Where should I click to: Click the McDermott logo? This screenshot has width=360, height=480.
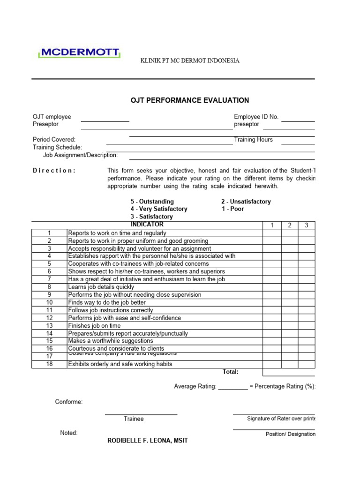[x=79, y=53]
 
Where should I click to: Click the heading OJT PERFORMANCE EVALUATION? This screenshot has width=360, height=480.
[x=189, y=100]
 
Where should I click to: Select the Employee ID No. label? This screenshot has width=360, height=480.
[x=256, y=117]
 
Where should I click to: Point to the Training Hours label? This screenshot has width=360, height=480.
[x=253, y=140]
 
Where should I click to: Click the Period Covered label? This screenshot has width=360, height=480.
[x=54, y=140]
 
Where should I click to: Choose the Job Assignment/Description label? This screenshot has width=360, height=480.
[x=80, y=155]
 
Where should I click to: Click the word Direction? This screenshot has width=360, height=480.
[x=54, y=171]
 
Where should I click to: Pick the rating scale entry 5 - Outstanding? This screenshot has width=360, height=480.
[x=152, y=202]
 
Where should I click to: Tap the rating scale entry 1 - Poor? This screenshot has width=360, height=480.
[x=232, y=209]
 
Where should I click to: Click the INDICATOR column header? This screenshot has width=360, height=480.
[x=147, y=225]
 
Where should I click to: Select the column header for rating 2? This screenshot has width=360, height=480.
[x=290, y=225]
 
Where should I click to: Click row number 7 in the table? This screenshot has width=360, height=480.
[x=49, y=279]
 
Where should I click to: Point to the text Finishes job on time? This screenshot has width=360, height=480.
[x=94, y=326]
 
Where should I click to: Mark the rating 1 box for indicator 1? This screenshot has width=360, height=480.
[x=272, y=233]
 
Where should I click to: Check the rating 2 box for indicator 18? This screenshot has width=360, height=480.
[x=290, y=364]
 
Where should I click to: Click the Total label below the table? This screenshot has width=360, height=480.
[x=231, y=372]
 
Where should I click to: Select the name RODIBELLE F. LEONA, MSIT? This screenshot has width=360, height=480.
[x=148, y=441]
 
